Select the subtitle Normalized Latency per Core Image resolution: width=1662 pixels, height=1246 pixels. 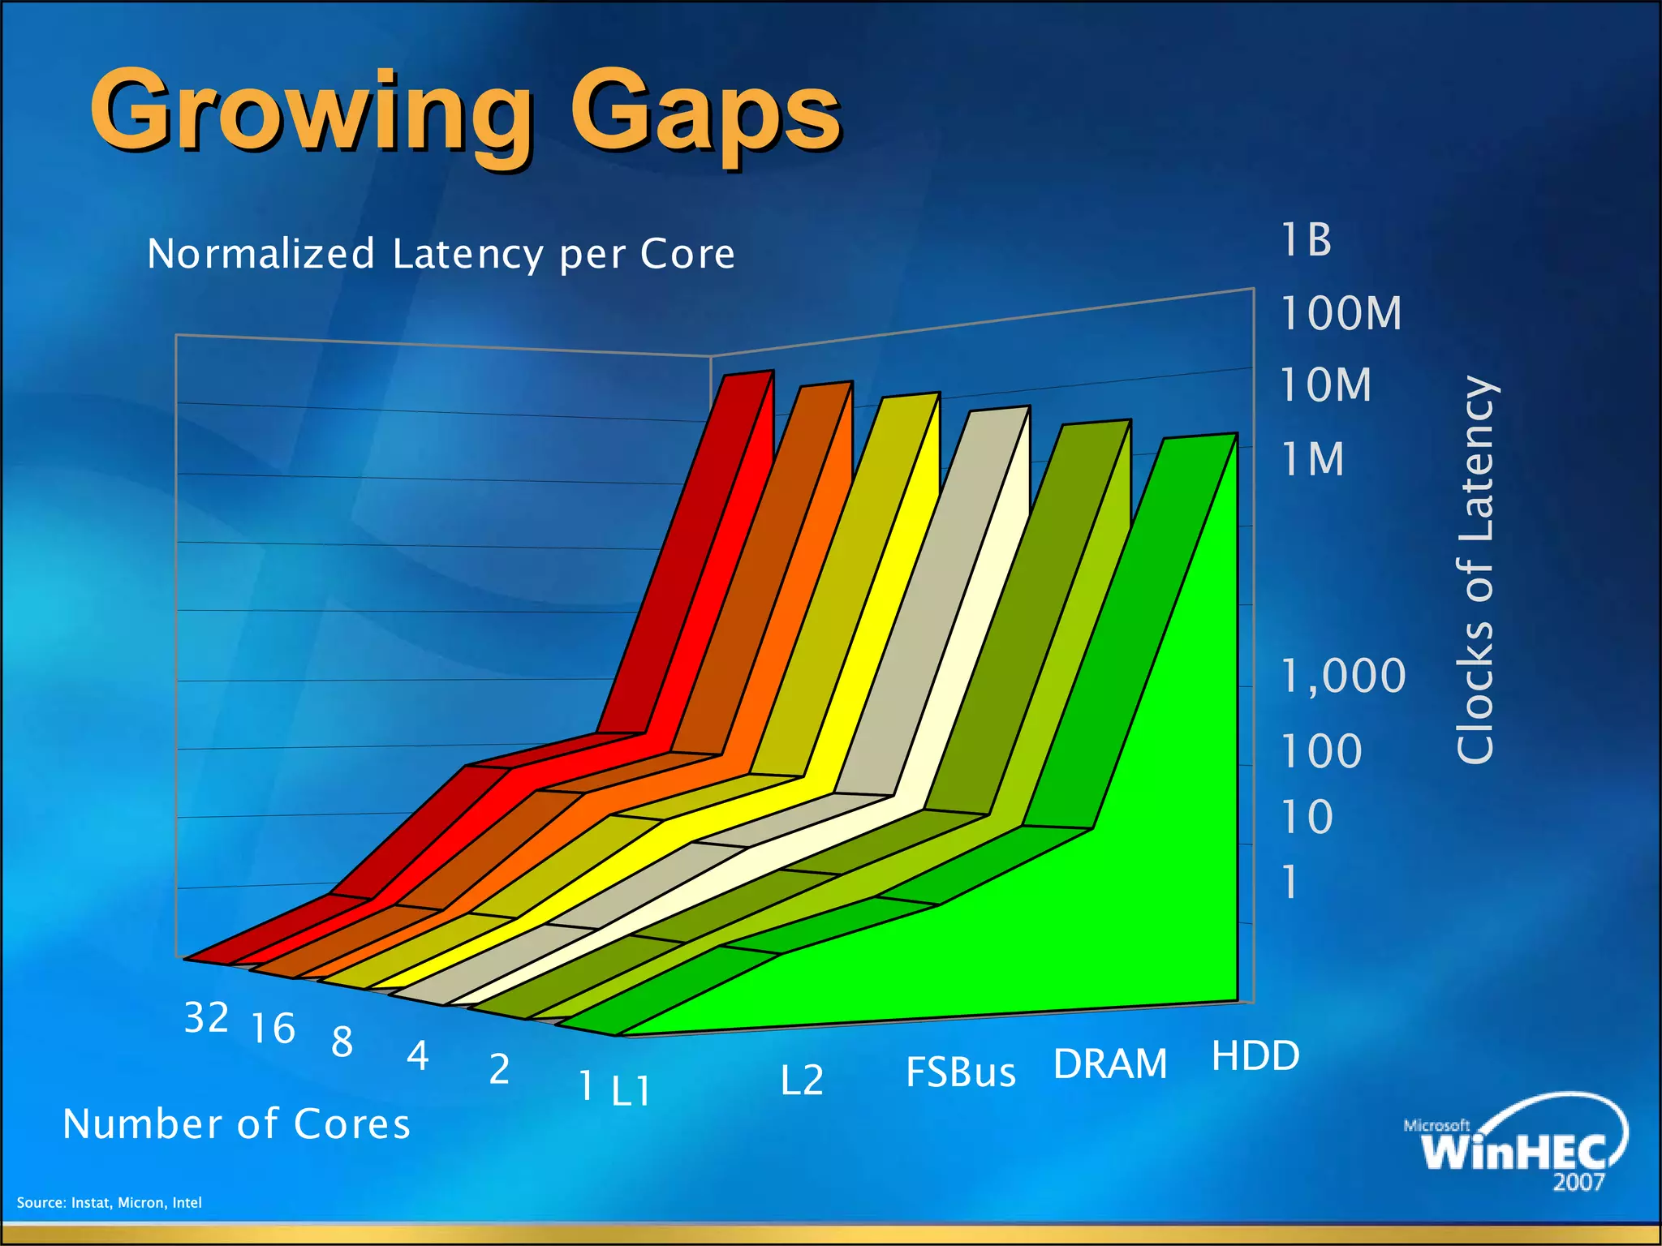[441, 254]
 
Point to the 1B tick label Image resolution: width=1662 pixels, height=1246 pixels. [1307, 241]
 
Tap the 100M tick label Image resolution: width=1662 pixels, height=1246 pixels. [1341, 314]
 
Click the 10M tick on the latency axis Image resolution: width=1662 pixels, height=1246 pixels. [1326, 385]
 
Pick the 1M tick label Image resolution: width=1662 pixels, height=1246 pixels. [1313, 460]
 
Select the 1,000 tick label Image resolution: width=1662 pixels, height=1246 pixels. [1343, 676]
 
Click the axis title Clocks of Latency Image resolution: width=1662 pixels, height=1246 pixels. [1475, 569]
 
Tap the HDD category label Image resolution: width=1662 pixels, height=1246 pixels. [1255, 1056]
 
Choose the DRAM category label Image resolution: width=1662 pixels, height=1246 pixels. [1110, 1064]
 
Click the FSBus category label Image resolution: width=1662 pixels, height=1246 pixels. [961, 1072]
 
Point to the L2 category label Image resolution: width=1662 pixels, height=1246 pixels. [802, 1081]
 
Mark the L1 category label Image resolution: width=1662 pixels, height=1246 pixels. [631, 1092]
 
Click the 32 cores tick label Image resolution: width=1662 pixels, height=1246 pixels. [206, 1018]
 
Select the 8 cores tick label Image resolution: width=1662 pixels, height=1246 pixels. [342, 1042]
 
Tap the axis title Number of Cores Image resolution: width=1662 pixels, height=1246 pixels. [237, 1124]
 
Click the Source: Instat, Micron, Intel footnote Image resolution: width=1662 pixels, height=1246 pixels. [110, 1202]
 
